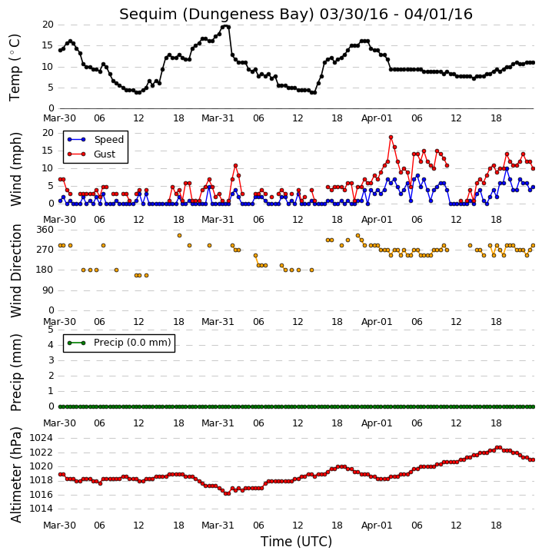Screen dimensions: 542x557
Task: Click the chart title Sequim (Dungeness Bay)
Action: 217,15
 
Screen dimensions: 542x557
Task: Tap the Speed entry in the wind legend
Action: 108,140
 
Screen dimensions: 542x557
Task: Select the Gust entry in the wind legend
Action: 105,154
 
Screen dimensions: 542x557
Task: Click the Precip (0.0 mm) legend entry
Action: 132,343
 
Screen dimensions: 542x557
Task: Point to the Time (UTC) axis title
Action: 296,542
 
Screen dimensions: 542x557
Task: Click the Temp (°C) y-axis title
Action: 15,68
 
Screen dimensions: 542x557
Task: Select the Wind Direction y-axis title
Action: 15,270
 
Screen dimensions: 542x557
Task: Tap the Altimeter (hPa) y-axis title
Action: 15,475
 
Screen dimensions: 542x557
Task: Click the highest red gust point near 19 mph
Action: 391,137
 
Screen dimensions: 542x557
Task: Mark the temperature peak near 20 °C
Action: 225,27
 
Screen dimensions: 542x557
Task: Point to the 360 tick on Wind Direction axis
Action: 45,230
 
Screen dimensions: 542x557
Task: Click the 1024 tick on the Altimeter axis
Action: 41,438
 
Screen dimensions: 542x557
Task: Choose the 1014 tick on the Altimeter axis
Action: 41,509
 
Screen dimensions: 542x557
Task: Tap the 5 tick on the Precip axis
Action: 51,330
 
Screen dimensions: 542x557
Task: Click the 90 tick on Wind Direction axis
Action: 48,290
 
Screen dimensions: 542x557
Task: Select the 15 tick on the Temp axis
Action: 48,45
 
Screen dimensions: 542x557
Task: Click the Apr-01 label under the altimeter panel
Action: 377,525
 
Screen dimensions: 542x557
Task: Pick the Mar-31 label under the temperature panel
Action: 218,118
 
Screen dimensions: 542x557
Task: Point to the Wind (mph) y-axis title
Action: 15,169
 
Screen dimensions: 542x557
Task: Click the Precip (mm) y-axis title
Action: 15,373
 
